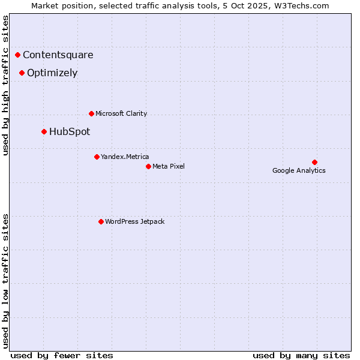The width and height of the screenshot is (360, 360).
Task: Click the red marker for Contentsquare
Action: coord(18,55)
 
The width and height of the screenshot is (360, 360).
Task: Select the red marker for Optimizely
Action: coord(22,73)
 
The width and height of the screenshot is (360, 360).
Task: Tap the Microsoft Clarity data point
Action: coord(91,113)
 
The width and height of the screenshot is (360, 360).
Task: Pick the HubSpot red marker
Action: coord(44,131)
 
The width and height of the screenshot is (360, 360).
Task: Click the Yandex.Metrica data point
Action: coord(97,157)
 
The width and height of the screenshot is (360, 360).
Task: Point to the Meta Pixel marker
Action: coord(148,166)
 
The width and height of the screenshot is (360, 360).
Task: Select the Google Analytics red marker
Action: coord(314,162)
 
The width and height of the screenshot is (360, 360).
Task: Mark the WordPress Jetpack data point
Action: coord(101,221)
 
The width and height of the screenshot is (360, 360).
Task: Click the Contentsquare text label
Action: coord(58,55)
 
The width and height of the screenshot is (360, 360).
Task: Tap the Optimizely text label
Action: coord(52,73)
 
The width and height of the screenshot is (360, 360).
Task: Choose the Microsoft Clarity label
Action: coord(121,113)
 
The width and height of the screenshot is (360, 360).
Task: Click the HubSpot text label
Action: coord(70,132)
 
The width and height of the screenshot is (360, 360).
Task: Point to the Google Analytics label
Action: coord(299,170)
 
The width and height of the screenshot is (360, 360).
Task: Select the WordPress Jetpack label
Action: coord(134,221)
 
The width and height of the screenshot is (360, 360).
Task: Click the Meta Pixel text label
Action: coord(169,166)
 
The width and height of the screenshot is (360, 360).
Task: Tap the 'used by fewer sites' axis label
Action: coord(62,355)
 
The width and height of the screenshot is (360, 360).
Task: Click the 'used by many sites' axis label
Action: coord(301,355)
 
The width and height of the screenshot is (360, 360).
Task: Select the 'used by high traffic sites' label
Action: coord(6,85)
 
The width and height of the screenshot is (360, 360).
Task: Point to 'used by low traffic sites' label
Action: coord(6,280)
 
